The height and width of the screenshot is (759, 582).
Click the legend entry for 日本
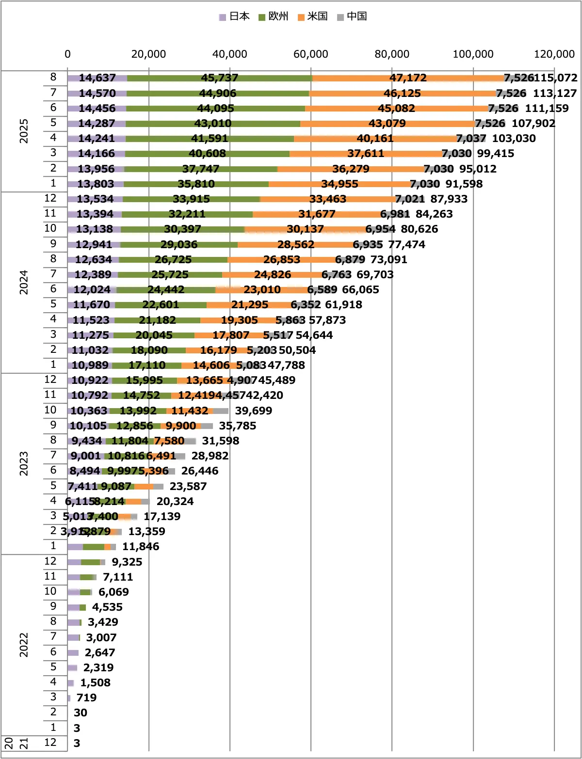[x=235, y=16]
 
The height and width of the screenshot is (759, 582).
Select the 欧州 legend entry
[x=274, y=16]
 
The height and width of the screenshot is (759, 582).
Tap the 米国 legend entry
[x=313, y=16]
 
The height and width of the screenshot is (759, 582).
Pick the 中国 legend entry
[x=352, y=16]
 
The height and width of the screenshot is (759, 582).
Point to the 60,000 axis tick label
[x=311, y=54]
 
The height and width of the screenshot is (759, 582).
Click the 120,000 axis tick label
[x=554, y=54]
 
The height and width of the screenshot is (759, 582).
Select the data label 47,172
[x=408, y=78]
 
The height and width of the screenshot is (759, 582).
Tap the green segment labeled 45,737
[x=220, y=78]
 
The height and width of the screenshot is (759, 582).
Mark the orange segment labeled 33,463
[x=328, y=199]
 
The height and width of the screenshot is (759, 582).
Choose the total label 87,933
[x=449, y=199]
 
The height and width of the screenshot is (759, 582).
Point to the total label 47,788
[x=286, y=365]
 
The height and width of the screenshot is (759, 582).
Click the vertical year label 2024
[x=24, y=283]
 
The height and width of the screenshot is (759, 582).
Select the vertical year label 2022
[x=24, y=645]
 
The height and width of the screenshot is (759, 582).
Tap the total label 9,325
[x=127, y=562]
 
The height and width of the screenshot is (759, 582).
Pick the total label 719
[x=86, y=698]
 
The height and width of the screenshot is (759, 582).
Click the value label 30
[x=81, y=713]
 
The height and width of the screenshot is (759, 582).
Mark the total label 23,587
[x=188, y=487]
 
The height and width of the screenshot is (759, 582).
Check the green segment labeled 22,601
[x=161, y=305]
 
